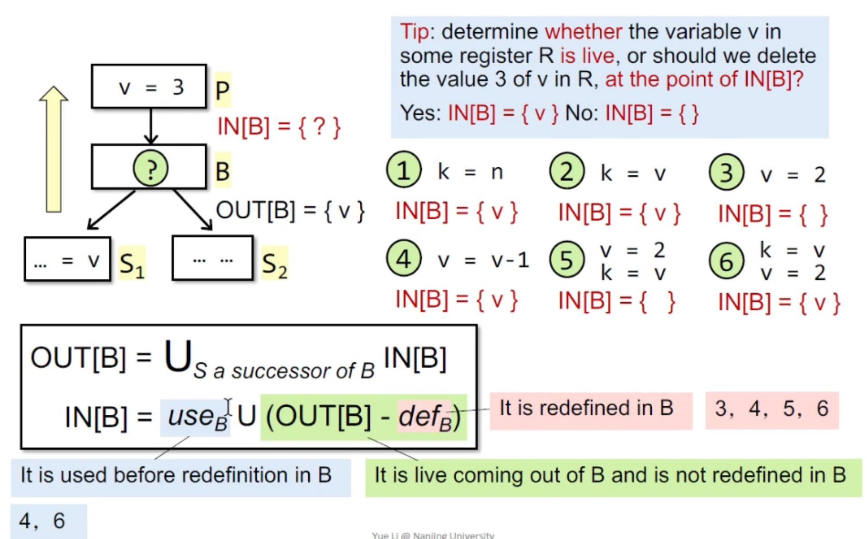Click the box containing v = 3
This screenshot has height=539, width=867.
coord(149,87)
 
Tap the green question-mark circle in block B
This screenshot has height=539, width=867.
coord(151,169)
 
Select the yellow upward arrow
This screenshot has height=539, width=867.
coord(54,149)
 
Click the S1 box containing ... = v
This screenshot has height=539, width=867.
coord(67,259)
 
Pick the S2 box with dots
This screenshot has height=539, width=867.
coord(212,259)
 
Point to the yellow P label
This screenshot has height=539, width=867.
coord(222,90)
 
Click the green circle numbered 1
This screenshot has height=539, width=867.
coord(404,170)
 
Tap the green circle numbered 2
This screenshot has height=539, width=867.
coord(566,171)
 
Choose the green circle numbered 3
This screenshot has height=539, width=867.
coord(726,173)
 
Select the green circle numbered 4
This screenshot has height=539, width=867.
coord(404,258)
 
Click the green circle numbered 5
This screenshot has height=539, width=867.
coord(566,260)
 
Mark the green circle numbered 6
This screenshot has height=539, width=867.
coord(726,261)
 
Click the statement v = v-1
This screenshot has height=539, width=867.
coord(483,260)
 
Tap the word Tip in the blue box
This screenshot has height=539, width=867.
coord(414,32)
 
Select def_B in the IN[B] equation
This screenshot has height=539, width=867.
coord(425,417)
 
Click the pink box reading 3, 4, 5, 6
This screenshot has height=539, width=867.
coord(772,409)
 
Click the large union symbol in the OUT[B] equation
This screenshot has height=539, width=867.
coord(177,356)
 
